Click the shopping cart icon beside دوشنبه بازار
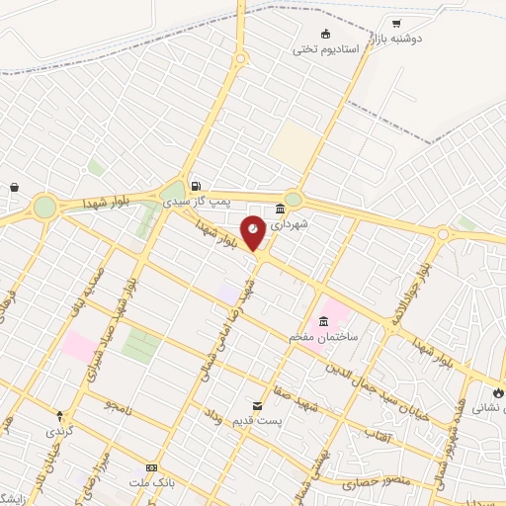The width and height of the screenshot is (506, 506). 396,24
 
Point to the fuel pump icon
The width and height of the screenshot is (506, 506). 196,186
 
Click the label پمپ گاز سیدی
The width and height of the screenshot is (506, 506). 208,201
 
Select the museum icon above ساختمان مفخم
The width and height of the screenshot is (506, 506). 324,322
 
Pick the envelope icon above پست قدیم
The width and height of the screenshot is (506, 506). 258,406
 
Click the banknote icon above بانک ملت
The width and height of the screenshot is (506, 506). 151,467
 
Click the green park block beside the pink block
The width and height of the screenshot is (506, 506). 141,346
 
